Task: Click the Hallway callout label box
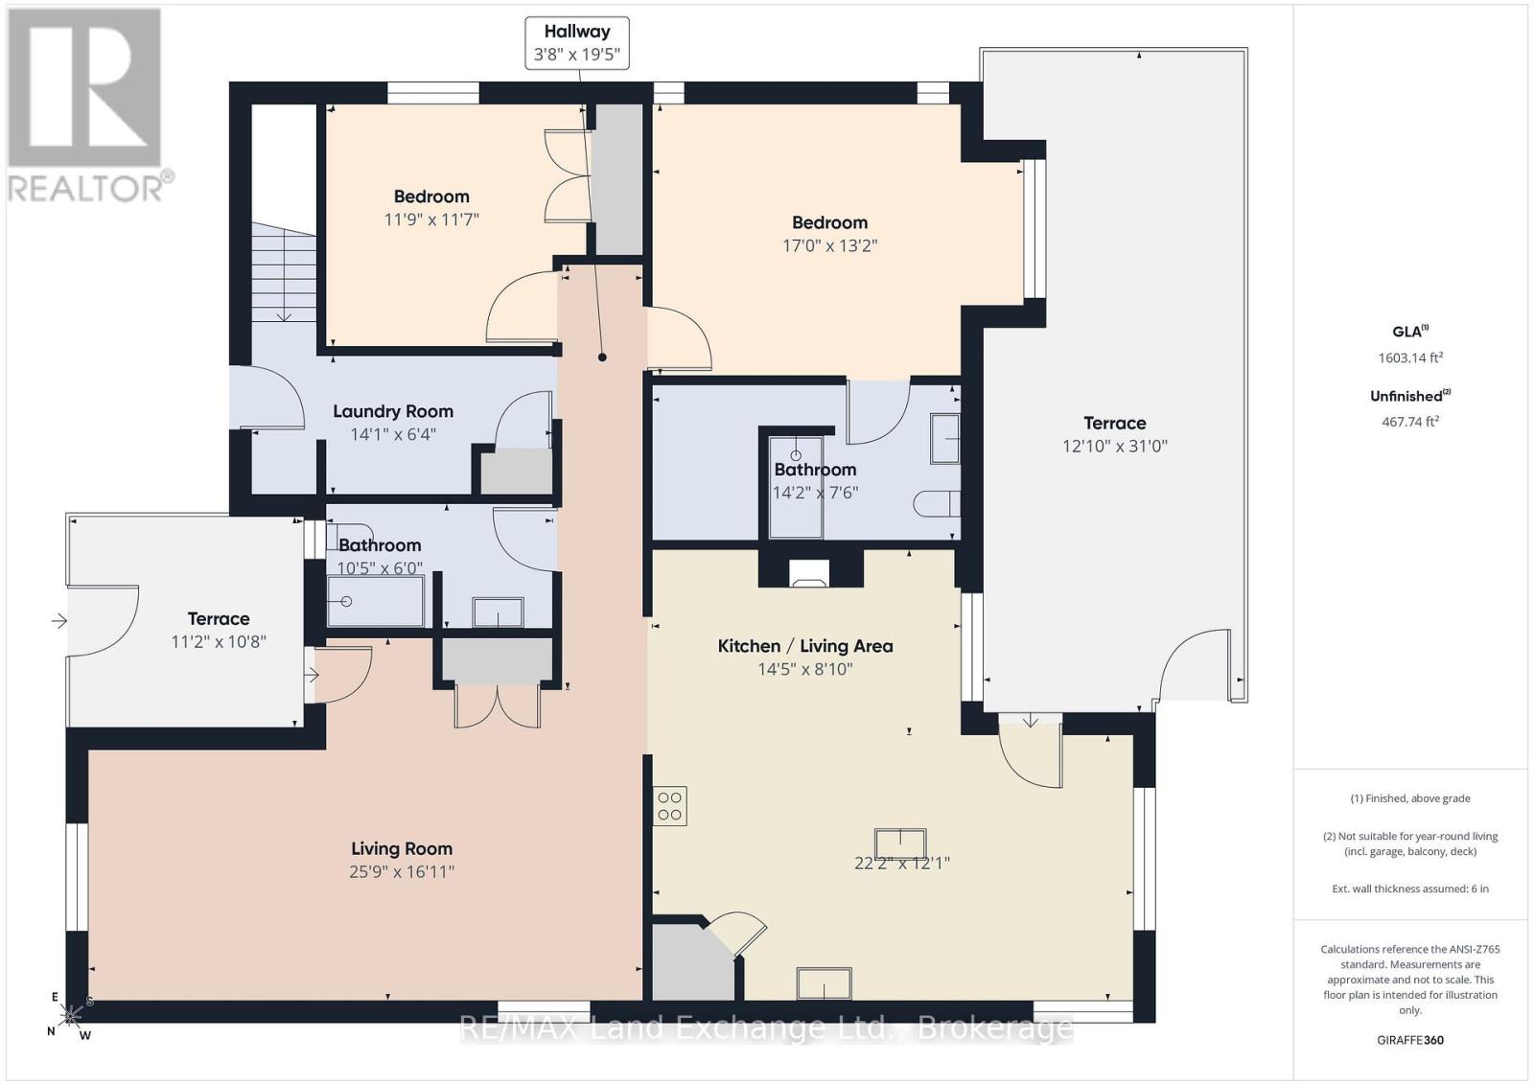576,42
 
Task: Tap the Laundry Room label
393,411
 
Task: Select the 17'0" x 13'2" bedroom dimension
830,245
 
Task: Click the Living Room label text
402,849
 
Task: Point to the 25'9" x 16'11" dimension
402,871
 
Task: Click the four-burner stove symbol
670,806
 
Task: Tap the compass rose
70,1016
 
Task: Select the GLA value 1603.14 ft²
1410,358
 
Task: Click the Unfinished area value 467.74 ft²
1410,422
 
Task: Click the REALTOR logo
87,106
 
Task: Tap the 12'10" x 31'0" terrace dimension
1115,447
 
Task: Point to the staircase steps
284,272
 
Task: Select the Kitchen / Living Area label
805,646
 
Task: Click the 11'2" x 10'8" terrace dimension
219,642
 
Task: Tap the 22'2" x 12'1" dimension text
902,864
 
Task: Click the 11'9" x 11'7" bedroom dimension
431,219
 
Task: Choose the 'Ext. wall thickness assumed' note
1410,889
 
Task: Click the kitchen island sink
900,843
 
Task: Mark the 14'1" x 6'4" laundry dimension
393,434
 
